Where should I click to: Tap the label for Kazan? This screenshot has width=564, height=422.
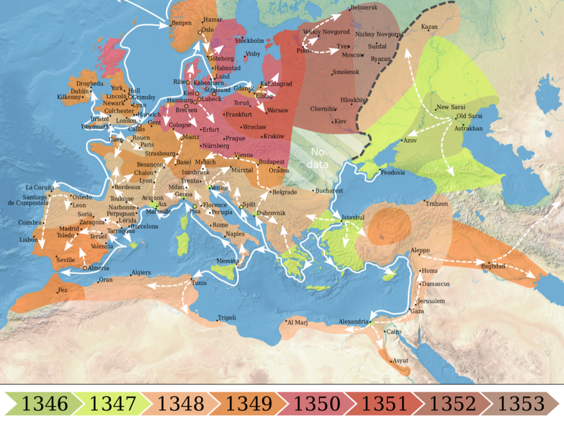point(430,26)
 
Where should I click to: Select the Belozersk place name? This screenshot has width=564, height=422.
point(364,7)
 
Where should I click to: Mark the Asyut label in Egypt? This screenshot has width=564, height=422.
point(399,360)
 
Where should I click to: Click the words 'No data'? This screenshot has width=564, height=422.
point(319,157)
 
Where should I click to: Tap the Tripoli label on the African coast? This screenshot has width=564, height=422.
point(227,317)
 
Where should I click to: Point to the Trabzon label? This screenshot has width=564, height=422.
point(437,204)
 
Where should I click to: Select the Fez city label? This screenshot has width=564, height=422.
point(62,289)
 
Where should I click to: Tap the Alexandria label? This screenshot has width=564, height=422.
point(353,321)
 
